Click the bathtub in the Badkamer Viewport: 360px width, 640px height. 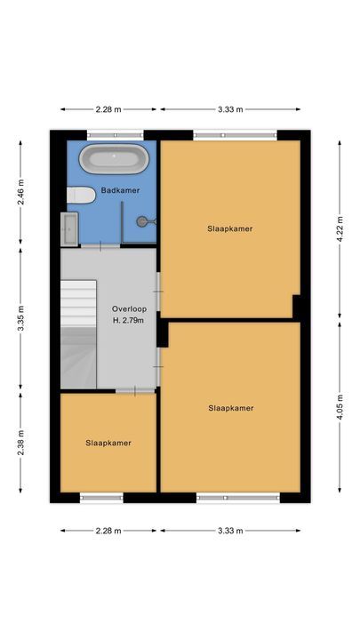point(112,161)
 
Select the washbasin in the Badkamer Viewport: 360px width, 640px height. point(69,228)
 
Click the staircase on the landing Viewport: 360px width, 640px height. point(78,332)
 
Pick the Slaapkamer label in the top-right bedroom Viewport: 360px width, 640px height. point(230,228)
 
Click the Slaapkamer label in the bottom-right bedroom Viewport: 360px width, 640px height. point(231,408)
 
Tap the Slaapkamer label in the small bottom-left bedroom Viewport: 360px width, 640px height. point(108,442)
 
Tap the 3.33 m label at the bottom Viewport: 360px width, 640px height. point(231,531)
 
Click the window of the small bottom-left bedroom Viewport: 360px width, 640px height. point(100,498)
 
